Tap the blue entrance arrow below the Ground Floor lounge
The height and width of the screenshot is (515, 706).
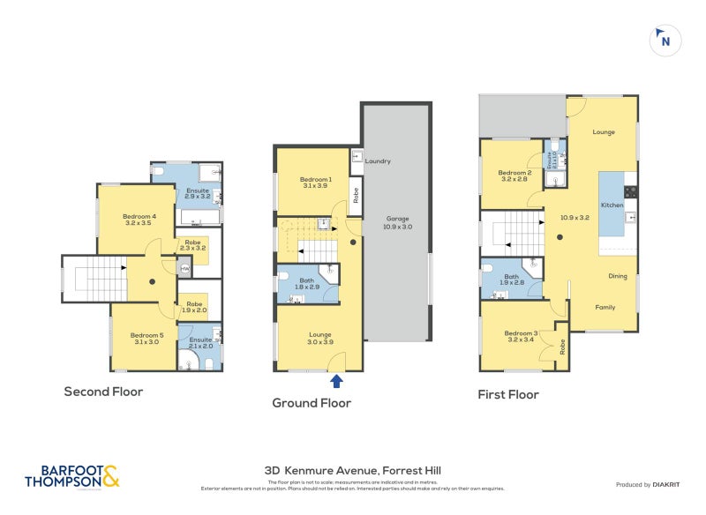336,381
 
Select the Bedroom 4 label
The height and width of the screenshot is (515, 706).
139,220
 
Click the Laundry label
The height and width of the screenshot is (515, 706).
378,160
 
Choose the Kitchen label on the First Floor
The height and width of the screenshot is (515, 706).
612,205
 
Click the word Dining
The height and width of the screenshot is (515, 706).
618,276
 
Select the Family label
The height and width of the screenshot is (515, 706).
605,307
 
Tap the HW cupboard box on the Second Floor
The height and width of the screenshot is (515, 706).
184,269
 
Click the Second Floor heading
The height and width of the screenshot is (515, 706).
103,391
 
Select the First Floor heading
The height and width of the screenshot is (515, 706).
508,394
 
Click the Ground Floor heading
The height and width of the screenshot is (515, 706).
312,403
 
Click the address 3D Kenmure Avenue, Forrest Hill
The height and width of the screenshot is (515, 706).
354,472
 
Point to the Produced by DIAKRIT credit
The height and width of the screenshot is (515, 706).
648,485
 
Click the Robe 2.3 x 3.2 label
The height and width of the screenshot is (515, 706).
192,246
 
